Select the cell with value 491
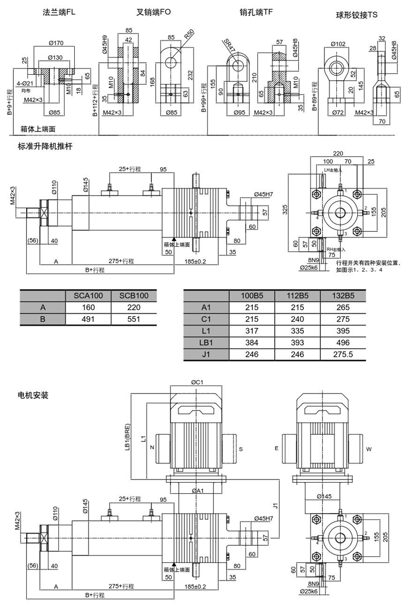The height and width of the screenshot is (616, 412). (89, 319)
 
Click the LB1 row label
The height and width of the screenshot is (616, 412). (206, 343)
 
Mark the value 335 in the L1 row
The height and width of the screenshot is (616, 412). (297, 331)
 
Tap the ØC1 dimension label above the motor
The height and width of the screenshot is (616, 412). (199, 382)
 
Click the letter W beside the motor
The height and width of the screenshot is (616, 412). (368, 449)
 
